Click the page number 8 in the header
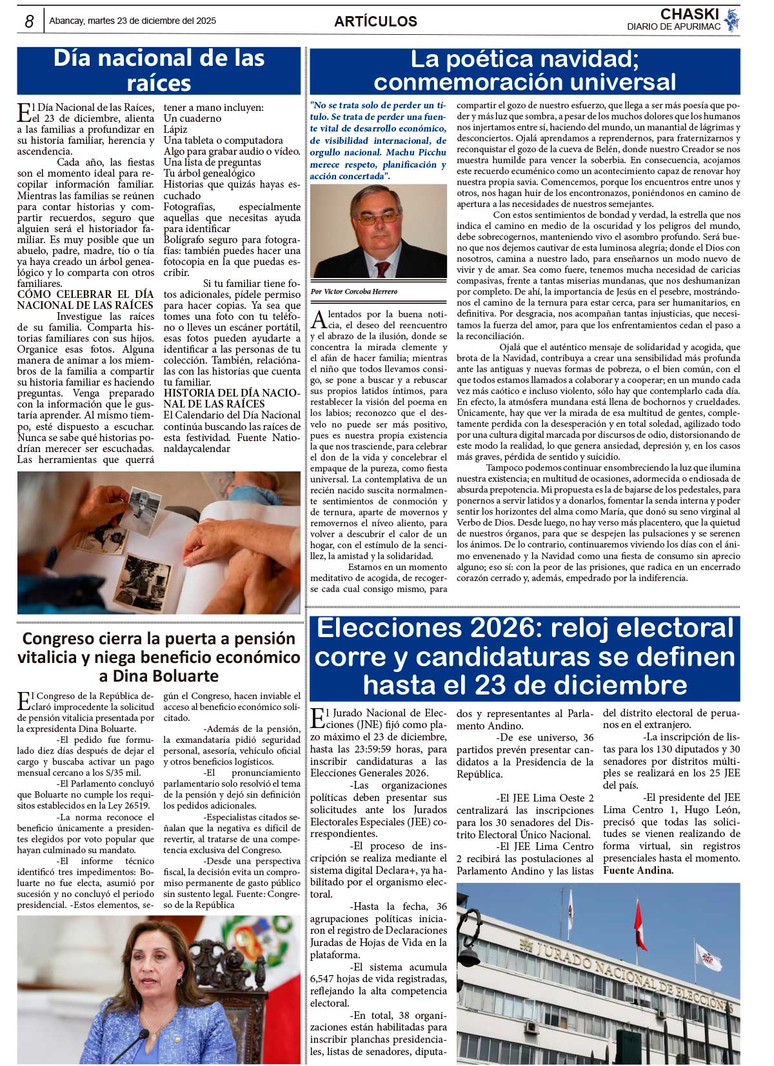(29, 21)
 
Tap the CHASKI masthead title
(689, 14)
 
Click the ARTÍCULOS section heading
(375, 21)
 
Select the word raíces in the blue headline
(159, 83)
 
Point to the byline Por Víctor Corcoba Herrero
(354, 291)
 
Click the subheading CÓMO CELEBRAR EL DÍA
(85, 295)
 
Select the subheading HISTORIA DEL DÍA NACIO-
(232, 393)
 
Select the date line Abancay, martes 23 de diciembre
(132, 21)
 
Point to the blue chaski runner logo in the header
(731, 20)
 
